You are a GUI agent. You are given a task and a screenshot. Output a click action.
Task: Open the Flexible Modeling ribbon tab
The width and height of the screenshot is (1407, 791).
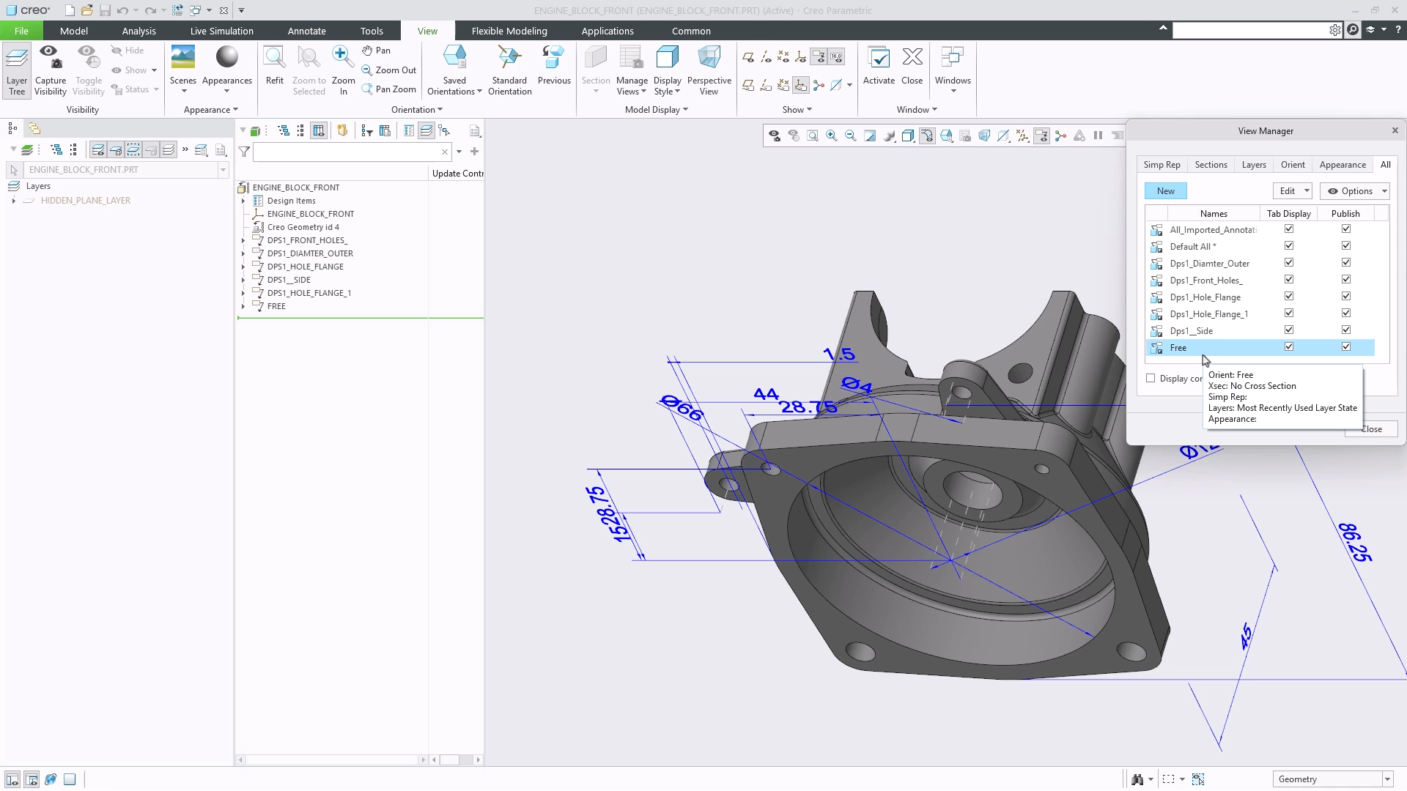509,31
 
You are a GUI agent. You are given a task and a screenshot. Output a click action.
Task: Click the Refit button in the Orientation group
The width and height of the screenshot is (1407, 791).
275,66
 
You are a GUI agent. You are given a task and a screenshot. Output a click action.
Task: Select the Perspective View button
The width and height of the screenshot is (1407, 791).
709,70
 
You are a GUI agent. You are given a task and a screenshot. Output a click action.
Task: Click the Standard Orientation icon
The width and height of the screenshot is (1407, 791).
509,70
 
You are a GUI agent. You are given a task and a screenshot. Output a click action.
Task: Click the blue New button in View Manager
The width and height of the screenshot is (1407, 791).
1165,191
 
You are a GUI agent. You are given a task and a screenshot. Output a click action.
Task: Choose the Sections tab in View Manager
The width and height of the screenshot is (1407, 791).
1211,165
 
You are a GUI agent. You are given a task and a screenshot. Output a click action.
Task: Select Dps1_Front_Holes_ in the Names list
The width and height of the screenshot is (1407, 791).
1205,281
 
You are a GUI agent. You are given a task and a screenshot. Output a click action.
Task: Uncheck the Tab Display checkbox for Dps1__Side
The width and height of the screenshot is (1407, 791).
1289,330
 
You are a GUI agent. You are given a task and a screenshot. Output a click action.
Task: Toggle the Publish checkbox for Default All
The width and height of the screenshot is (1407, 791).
1346,246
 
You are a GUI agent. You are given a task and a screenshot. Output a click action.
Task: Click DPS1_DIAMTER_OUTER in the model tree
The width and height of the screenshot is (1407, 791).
310,253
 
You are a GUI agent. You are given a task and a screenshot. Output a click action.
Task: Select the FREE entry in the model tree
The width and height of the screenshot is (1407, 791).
276,306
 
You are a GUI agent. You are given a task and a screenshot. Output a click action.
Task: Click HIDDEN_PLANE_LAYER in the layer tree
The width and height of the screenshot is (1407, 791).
86,201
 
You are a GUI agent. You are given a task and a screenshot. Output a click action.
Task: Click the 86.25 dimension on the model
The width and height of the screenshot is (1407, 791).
1354,543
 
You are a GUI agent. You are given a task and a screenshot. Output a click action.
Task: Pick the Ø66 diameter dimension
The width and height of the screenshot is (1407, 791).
682,407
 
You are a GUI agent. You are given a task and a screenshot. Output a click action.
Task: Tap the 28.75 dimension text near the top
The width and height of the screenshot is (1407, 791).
808,407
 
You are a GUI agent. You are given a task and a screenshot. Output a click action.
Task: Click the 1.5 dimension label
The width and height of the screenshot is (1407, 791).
839,354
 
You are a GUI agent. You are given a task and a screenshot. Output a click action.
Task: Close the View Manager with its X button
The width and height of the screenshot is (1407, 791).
1395,130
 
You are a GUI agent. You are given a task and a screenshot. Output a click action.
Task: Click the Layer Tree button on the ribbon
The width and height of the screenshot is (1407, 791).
17,70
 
